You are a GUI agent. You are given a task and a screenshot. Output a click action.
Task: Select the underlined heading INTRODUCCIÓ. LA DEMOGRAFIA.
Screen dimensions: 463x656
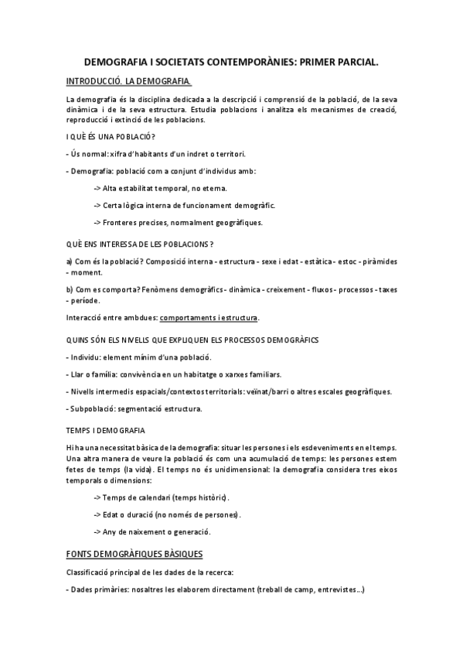(129, 80)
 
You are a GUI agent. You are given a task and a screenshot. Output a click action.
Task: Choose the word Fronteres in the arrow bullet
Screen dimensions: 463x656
(123, 223)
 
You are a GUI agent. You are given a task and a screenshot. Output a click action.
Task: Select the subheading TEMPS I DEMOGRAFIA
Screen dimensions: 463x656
(106, 429)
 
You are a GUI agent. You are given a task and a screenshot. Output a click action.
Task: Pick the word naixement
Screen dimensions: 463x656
(143, 531)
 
